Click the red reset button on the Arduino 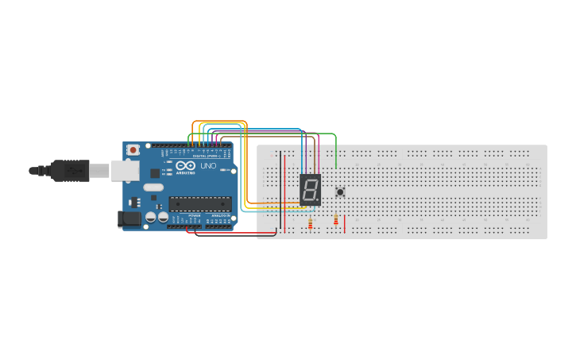point(133,149)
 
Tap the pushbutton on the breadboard point(341,192)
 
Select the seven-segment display point(310,188)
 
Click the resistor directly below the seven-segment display point(310,223)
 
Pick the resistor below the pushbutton point(336,220)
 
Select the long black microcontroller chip point(199,204)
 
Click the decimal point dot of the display point(318,199)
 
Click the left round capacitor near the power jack point(149,217)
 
